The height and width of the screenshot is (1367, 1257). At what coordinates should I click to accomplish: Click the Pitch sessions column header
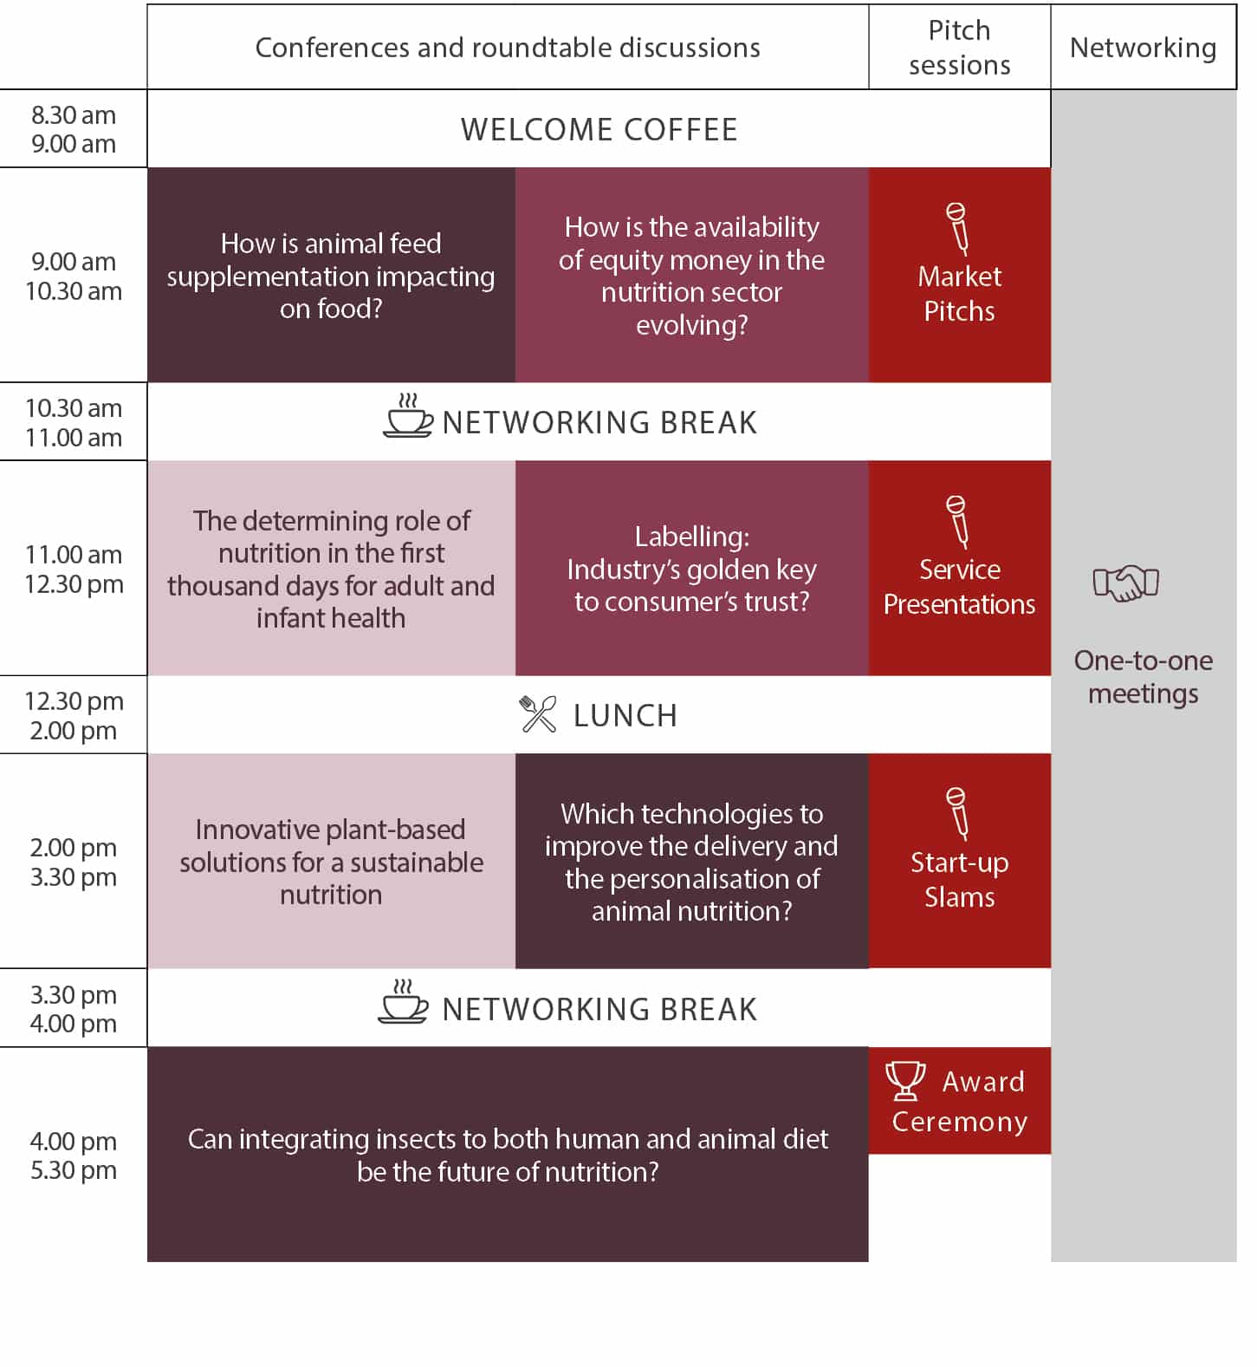pyautogui.click(x=959, y=47)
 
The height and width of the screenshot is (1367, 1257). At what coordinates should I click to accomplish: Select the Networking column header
pyautogui.click(x=1143, y=47)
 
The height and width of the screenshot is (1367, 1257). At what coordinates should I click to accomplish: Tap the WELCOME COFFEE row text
pyautogui.click(x=599, y=129)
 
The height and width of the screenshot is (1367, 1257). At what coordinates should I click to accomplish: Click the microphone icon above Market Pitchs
pyautogui.click(x=957, y=228)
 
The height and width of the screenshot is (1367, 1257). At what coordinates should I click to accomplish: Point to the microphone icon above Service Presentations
pyautogui.click(x=957, y=521)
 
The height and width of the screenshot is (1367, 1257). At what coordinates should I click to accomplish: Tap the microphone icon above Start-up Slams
pyautogui.click(x=957, y=813)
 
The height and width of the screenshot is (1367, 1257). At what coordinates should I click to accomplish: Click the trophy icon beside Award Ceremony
pyautogui.click(x=905, y=1080)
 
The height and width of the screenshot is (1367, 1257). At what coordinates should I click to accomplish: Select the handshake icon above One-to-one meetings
pyautogui.click(x=1125, y=583)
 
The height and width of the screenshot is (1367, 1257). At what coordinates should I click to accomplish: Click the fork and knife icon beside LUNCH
pyautogui.click(x=538, y=714)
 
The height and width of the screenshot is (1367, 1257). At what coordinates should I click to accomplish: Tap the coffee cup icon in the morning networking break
pyautogui.click(x=407, y=415)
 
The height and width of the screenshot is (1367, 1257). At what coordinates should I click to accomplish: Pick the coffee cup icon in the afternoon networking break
pyautogui.click(x=403, y=1002)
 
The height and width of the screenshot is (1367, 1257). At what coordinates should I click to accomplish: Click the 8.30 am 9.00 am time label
pyautogui.click(x=74, y=129)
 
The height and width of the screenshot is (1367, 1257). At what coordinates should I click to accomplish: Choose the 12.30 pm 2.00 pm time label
pyautogui.click(x=74, y=715)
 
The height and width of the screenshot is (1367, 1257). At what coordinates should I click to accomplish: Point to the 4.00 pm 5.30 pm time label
pyautogui.click(x=74, y=1155)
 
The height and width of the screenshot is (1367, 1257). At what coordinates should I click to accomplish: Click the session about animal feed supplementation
pyautogui.click(x=331, y=275)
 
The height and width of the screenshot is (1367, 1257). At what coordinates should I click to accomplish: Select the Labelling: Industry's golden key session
pyautogui.click(x=692, y=568)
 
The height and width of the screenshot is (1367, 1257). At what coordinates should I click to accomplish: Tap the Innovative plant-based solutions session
pyautogui.click(x=331, y=861)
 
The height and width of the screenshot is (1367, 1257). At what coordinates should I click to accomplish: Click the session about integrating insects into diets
pyautogui.click(x=508, y=1154)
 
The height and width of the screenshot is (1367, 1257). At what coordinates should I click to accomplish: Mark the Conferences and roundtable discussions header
pyautogui.click(x=508, y=47)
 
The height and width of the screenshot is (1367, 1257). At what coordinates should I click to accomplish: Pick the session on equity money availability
pyautogui.click(x=692, y=275)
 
